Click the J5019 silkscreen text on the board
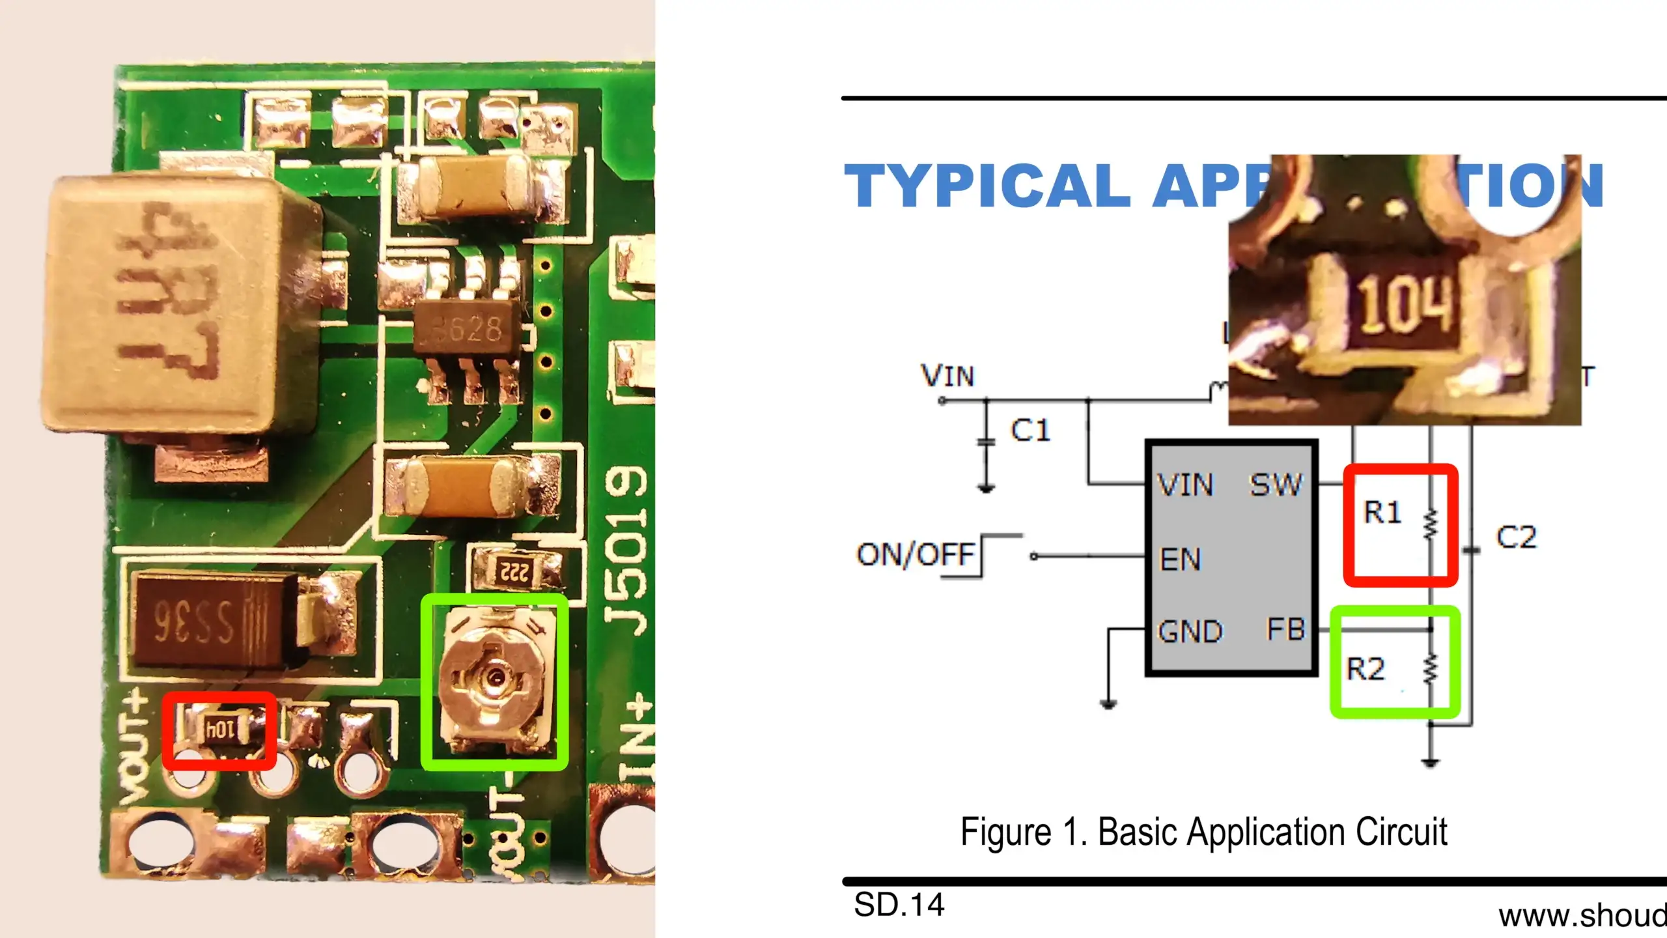click(625, 550)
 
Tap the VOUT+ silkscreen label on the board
click(133, 749)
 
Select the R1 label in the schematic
click(1382, 512)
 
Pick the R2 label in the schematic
click(1366, 669)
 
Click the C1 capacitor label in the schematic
click(1030, 431)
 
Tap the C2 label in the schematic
click(1516, 537)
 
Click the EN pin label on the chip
click(1180, 559)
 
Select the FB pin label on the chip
click(1286, 629)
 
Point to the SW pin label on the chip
click(1275, 485)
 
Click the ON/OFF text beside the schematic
click(916, 554)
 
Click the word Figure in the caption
click(1006, 832)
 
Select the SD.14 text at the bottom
click(899, 905)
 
